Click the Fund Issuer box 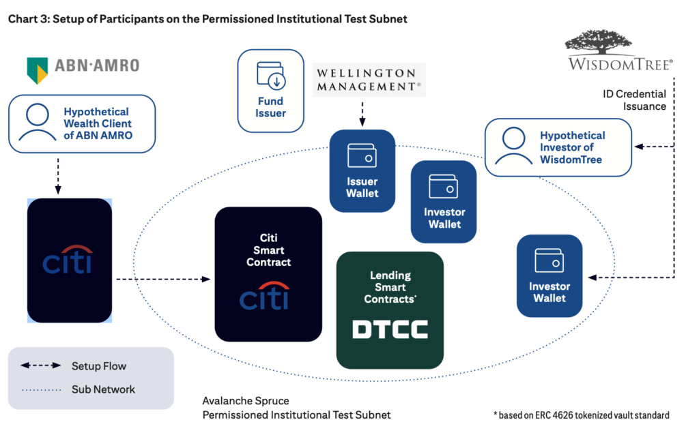tap(270, 90)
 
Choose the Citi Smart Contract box tap(268, 273)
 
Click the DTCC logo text tap(390, 330)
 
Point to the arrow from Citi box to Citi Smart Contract tap(162, 279)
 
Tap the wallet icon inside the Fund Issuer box tap(271, 75)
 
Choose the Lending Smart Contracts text tap(390, 287)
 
